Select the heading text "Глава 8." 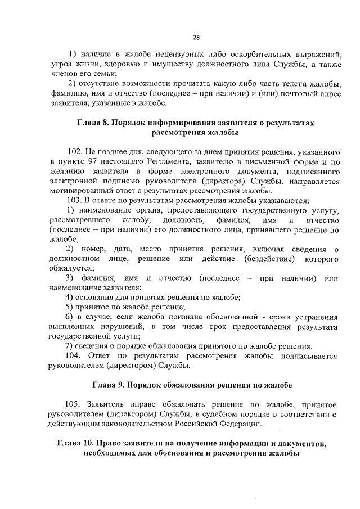pyautogui.click(x=94, y=122)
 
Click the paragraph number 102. pyautogui.click(x=75, y=152)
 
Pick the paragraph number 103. pyautogui.click(x=75, y=201)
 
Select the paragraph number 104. pyautogui.click(x=75, y=356)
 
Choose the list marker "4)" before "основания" pyautogui.click(x=70, y=298)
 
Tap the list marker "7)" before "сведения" pyautogui.click(x=70, y=346)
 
